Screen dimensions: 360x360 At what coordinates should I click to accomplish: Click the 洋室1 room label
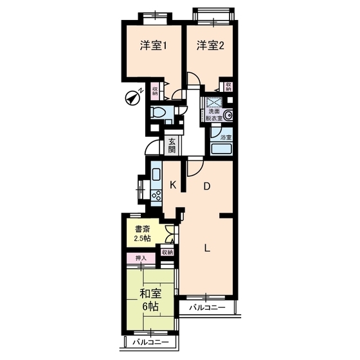point(154,46)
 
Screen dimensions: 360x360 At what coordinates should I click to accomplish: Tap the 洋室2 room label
point(210,46)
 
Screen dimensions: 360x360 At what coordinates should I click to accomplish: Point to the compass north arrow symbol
point(134,97)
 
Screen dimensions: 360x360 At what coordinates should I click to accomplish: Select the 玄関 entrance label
point(172,145)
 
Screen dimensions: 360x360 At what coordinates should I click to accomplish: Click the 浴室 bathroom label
point(226,138)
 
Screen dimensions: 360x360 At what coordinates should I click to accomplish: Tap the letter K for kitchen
point(172,185)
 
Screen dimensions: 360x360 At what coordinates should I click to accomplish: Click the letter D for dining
point(207,187)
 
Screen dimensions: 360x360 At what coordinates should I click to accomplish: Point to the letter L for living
point(207,249)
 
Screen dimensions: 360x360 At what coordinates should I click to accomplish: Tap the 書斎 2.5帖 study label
point(143,233)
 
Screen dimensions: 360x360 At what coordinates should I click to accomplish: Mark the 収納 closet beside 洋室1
point(155,91)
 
